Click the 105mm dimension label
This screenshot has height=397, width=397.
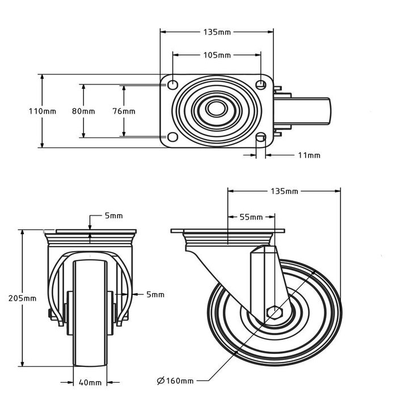point(217,55)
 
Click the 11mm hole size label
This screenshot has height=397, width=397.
point(310,155)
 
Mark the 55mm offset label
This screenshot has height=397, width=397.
point(252,217)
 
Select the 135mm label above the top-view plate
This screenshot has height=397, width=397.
point(217,32)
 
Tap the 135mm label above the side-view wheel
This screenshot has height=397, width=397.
point(284,191)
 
